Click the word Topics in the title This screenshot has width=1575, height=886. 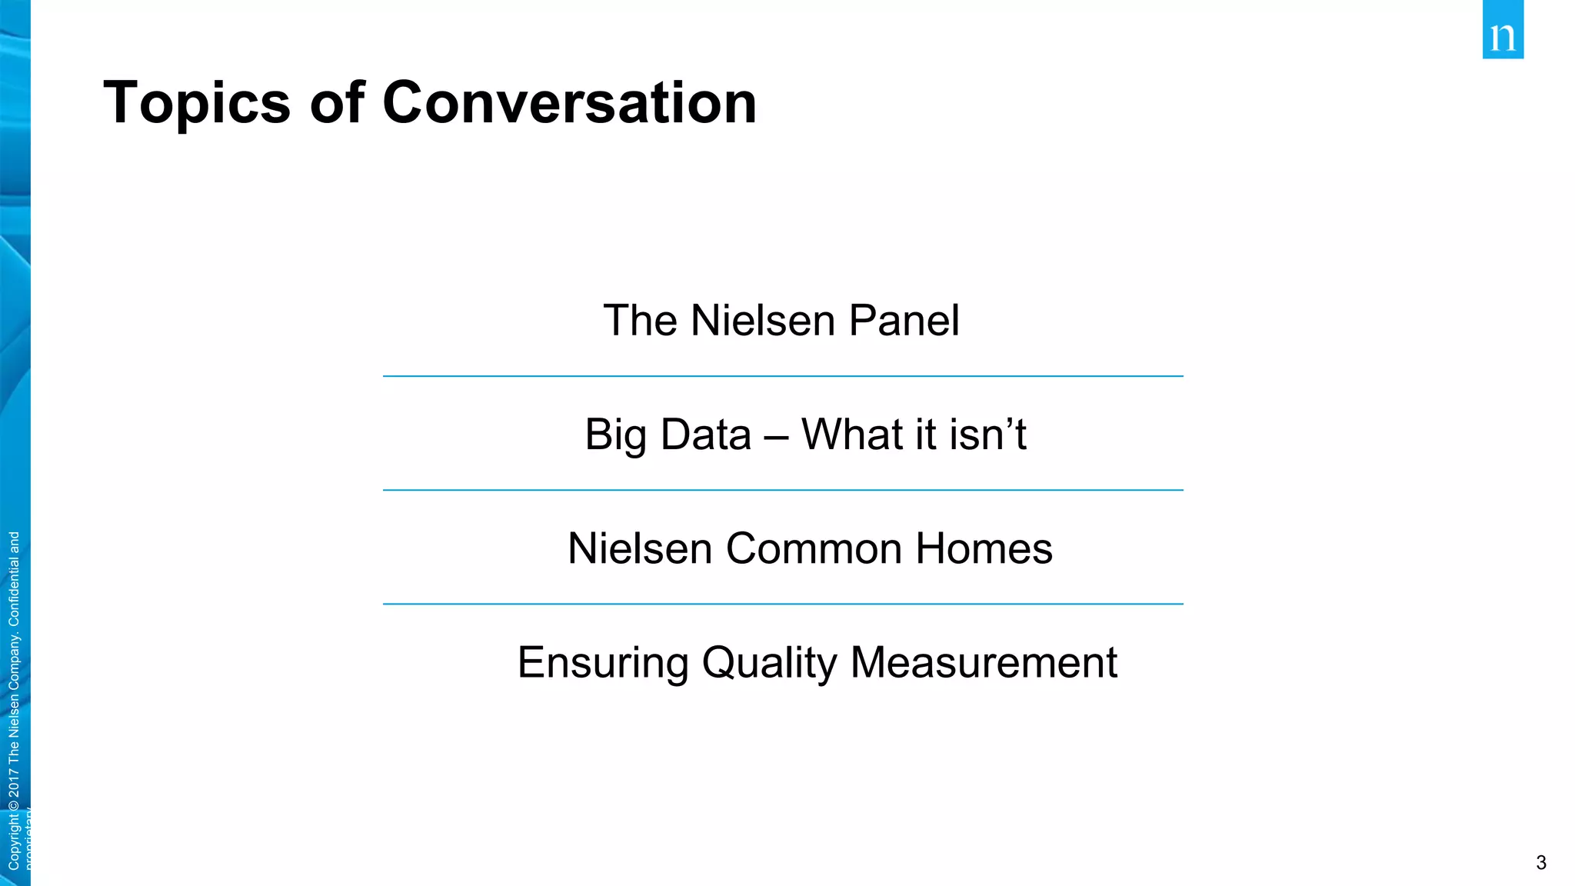point(197,103)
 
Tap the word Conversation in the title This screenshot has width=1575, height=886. point(569,103)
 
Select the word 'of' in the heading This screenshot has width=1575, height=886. point(337,103)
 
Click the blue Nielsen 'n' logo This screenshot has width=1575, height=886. point(1503,31)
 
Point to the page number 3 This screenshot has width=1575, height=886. point(1540,863)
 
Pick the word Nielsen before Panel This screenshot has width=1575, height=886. point(763,321)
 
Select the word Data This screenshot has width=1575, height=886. point(706,435)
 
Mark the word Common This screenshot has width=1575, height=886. point(814,548)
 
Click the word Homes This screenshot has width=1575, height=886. point(984,548)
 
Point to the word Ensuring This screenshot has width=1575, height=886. point(603,663)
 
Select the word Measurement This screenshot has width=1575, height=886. point(984,663)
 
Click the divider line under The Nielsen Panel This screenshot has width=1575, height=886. point(783,376)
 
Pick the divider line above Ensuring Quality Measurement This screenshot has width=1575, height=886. point(783,604)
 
